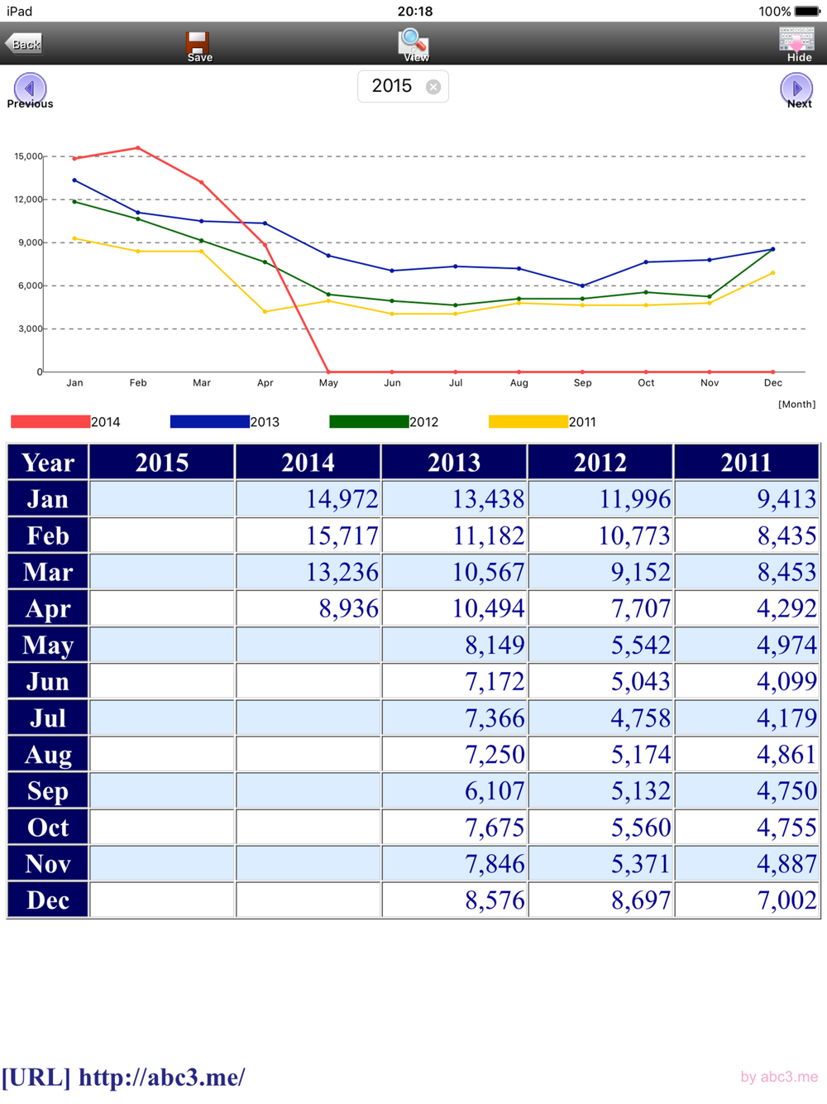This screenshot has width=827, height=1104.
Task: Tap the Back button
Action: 24,44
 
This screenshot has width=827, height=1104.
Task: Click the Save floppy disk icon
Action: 198,44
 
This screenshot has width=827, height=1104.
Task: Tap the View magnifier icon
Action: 413,42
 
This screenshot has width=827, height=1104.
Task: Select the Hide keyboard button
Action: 797,43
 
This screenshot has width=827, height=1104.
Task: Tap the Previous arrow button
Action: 30,88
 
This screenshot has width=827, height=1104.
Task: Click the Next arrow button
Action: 796,88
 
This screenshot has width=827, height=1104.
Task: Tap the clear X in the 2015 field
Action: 433,87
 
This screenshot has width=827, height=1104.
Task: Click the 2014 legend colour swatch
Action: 50,422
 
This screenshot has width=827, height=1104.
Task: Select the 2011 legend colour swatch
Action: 528,422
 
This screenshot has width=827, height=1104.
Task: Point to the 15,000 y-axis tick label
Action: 28,156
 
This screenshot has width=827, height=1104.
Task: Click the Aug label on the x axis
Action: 519,383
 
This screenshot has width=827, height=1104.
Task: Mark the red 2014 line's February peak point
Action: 138,148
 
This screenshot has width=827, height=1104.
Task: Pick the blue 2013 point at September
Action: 582,286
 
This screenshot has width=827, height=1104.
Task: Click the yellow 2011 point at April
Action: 265,312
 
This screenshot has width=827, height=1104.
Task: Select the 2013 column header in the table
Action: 454,463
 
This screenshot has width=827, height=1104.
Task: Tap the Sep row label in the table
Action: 48,791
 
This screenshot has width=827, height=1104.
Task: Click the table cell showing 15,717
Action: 308,535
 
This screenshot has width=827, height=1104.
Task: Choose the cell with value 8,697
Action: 600,900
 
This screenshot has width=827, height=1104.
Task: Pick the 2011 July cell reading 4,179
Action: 747,718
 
